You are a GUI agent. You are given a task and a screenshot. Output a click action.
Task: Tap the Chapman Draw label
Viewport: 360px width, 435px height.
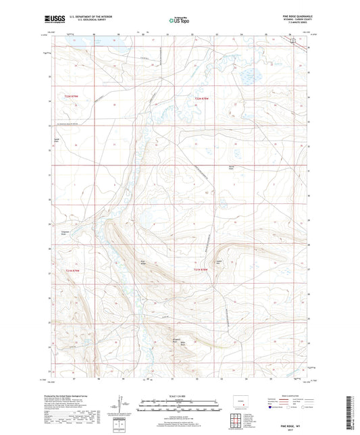[57, 233]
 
